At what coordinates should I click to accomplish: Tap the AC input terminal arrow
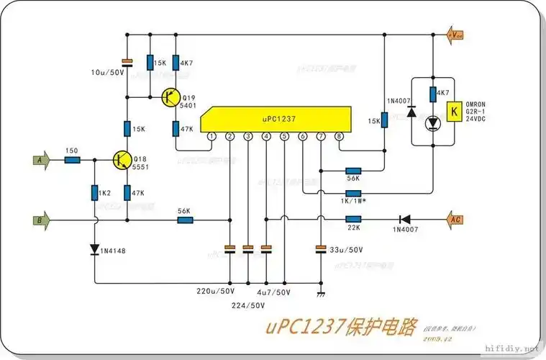455,219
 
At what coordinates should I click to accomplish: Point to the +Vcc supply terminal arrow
455,35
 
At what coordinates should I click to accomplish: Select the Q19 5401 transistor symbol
171,97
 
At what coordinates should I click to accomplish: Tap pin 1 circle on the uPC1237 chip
211,136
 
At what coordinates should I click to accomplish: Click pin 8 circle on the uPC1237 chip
340,136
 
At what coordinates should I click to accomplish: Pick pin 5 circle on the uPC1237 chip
285,136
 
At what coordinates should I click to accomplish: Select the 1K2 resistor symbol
95,192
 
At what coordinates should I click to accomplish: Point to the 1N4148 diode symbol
95,250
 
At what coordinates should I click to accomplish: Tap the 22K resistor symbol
353,219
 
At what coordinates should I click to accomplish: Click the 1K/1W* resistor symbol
353,193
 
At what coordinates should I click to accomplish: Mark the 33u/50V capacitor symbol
321,249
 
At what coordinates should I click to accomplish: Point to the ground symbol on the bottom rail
321,294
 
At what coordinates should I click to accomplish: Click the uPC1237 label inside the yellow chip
273,118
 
